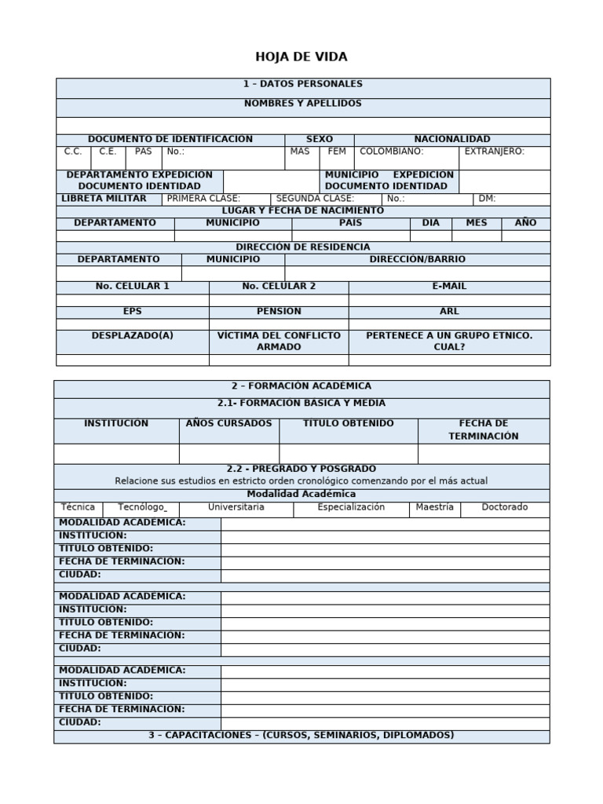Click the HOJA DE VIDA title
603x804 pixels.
pyautogui.click(x=301, y=57)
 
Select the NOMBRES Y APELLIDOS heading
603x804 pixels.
pyautogui.click(x=302, y=104)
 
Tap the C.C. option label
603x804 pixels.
pyautogui.click(x=73, y=152)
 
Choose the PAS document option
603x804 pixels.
pyautogui.click(x=143, y=152)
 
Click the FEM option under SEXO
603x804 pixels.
pyautogui.click(x=337, y=152)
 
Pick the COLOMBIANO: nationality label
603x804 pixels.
pyautogui.click(x=391, y=152)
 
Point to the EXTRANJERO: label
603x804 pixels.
pyautogui.click(x=494, y=152)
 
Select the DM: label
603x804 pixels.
pyautogui.click(x=487, y=199)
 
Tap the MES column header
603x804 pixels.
pyautogui.click(x=476, y=223)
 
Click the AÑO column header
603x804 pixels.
pyautogui.click(x=525, y=223)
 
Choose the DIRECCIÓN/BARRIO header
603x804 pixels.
pyautogui.click(x=417, y=259)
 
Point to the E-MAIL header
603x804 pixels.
pyautogui.click(x=449, y=287)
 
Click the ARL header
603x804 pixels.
pyautogui.click(x=449, y=312)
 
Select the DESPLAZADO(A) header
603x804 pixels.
pyautogui.click(x=132, y=335)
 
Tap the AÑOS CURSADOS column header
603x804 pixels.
pyautogui.click(x=228, y=424)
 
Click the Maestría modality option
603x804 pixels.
pyautogui.click(x=434, y=507)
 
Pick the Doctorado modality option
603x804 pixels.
pyautogui.click(x=504, y=507)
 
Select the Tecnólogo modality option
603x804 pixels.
pyautogui.click(x=142, y=507)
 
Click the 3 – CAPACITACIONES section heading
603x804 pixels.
pyautogui.click(x=301, y=736)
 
